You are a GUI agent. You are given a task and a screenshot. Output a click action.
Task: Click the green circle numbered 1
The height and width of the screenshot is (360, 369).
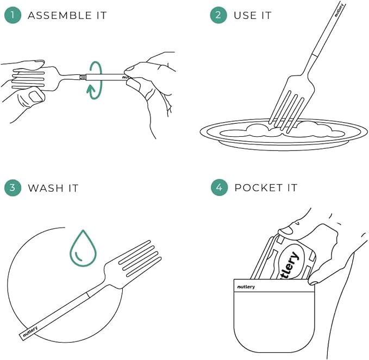pos(12,15)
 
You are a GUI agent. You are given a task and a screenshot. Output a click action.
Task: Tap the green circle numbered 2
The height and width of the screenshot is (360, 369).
pos(218,15)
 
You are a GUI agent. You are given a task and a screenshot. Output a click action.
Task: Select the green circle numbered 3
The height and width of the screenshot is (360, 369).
pos(12,188)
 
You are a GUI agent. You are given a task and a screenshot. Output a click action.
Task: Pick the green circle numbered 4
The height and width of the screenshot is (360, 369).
pos(219,187)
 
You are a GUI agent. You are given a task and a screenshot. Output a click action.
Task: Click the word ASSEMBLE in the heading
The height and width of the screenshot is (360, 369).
pos(60,16)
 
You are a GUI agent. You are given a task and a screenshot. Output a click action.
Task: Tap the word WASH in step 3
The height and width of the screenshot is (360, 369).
pos(46,188)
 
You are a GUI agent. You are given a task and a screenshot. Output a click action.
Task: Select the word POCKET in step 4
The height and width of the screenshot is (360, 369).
pos(259,188)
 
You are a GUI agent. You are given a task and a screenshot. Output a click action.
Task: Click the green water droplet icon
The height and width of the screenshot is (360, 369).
pos(83,248)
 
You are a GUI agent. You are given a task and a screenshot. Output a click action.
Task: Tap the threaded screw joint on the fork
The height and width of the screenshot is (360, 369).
pos(83,77)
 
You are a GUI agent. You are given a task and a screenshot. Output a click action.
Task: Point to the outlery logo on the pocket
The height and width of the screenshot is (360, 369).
pos(246,287)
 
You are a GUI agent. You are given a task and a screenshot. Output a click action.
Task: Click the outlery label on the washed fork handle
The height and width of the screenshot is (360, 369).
pos(30,332)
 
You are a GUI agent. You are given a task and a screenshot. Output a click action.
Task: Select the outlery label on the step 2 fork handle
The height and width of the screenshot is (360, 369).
pos(339,10)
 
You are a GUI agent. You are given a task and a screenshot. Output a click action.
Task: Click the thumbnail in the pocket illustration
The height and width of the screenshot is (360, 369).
pos(286,230)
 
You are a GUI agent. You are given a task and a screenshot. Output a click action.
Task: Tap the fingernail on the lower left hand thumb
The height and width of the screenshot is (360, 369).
pos(36,97)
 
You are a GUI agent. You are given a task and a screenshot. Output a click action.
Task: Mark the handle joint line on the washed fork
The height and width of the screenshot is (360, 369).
pos(88,295)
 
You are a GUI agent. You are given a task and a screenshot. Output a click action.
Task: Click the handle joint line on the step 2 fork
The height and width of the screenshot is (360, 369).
pos(315,55)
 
